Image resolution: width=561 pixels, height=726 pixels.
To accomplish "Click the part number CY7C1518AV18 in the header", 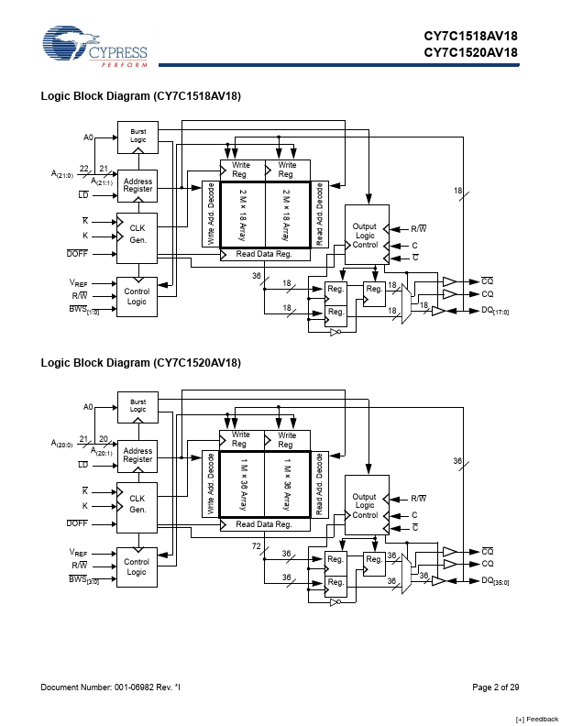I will pos(470,37).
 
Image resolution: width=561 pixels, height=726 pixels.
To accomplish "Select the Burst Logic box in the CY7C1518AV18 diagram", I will pos(137,136).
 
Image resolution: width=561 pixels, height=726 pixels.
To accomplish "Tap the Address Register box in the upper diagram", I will pos(137,185).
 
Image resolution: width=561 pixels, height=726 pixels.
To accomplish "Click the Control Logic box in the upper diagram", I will pos(137,295).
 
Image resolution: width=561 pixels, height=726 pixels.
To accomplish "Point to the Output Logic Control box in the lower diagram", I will pos(365,505).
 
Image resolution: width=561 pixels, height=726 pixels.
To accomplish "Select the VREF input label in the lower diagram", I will pos(78,553).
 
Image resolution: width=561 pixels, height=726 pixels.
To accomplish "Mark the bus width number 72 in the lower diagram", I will pos(257,545).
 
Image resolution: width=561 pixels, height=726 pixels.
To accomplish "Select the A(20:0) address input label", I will pos(62,444).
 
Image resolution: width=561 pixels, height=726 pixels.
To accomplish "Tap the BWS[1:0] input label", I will pos(84,312).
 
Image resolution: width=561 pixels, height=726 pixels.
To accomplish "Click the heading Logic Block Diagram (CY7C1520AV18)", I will pos(140,363).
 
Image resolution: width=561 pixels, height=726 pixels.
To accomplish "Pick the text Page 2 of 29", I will pos(496,687).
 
